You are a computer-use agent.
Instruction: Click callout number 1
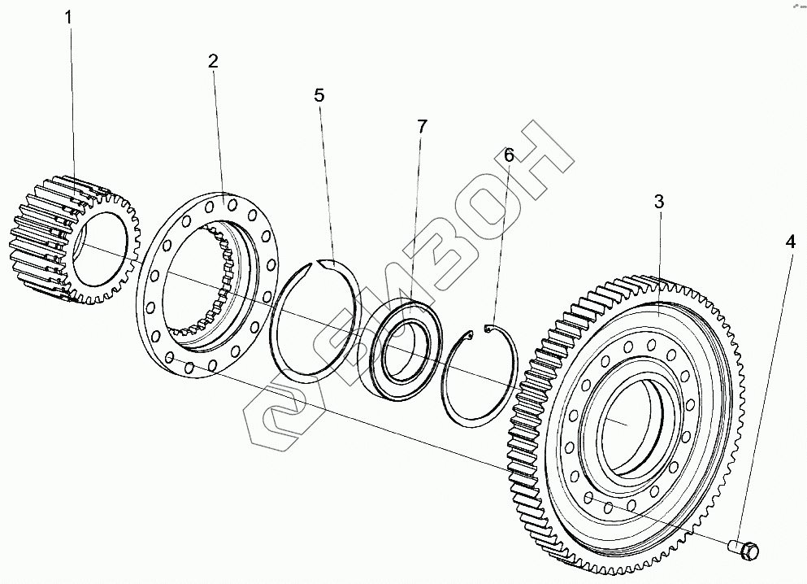coord(69,15)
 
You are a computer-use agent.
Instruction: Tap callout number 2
coord(213,62)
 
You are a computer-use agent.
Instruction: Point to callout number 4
coord(790,242)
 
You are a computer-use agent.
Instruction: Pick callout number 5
coord(319,95)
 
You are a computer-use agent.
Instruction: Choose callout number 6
coord(509,155)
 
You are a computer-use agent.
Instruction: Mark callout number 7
coord(422,127)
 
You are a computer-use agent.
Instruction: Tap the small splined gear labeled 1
coord(73,240)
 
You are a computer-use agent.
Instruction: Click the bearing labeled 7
coord(401,350)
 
